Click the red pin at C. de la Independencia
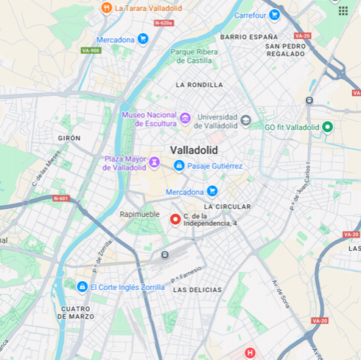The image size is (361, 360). coord(175,219)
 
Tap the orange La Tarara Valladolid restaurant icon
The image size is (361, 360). coord(106,8)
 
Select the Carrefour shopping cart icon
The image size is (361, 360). coord(274,14)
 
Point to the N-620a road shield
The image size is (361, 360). coord(163,23)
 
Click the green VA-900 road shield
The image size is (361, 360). coord(91,50)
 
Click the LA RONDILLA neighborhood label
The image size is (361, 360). coord(199,85)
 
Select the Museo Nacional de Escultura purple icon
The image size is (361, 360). coord(185,119)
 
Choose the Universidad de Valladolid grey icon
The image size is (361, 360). coord(245,120)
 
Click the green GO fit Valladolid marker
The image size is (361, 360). coord(328,127)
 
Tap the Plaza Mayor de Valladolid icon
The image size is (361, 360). coord(154,162)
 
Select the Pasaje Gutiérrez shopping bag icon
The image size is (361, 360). coord(178,166)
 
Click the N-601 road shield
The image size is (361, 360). coord(61,198)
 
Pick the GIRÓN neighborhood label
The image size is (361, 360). coord(69,138)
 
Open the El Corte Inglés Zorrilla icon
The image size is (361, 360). coord(82,286)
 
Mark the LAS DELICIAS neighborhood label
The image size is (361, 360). coord(197,290)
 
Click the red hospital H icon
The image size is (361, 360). coord(250,353)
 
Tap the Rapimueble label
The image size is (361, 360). coord(141,214)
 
